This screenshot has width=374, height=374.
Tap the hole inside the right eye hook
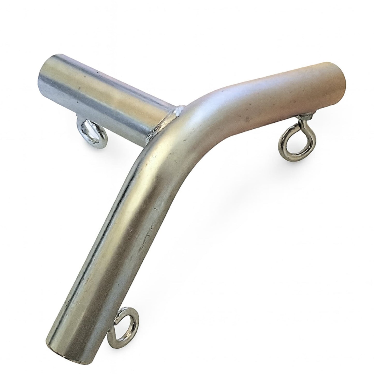tap(290, 144)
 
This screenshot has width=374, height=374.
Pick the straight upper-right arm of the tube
tap(272, 96)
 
